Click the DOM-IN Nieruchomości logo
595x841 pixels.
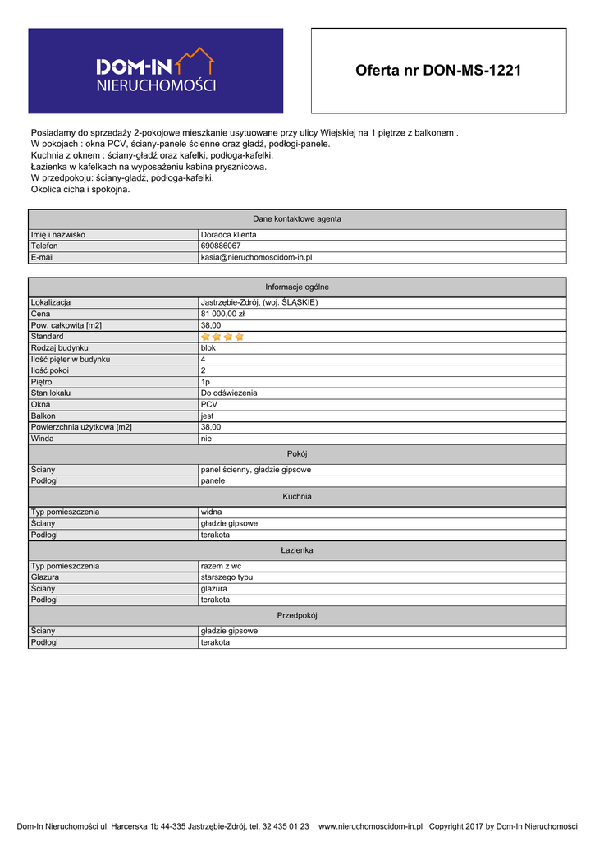click(156, 71)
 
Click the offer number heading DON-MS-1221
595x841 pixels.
click(438, 71)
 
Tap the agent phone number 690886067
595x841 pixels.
click(221, 246)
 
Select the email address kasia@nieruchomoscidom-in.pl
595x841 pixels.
click(256, 257)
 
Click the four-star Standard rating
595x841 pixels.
click(222, 337)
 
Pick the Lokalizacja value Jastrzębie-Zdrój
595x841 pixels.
click(259, 302)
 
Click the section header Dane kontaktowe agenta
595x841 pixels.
click(297, 218)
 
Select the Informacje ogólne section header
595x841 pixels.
click(297, 287)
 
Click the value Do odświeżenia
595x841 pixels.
click(229, 393)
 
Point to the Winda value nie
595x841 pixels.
click(206, 439)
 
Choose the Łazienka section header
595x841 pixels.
click(297, 550)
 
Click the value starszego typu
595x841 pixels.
click(227, 577)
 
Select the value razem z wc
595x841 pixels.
click(221, 566)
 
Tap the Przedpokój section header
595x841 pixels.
click(297, 615)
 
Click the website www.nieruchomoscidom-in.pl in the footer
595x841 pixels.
click(370, 826)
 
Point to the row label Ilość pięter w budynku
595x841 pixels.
click(71, 359)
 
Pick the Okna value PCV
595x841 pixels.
click(208, 404)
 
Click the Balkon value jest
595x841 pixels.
click(207, 416)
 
